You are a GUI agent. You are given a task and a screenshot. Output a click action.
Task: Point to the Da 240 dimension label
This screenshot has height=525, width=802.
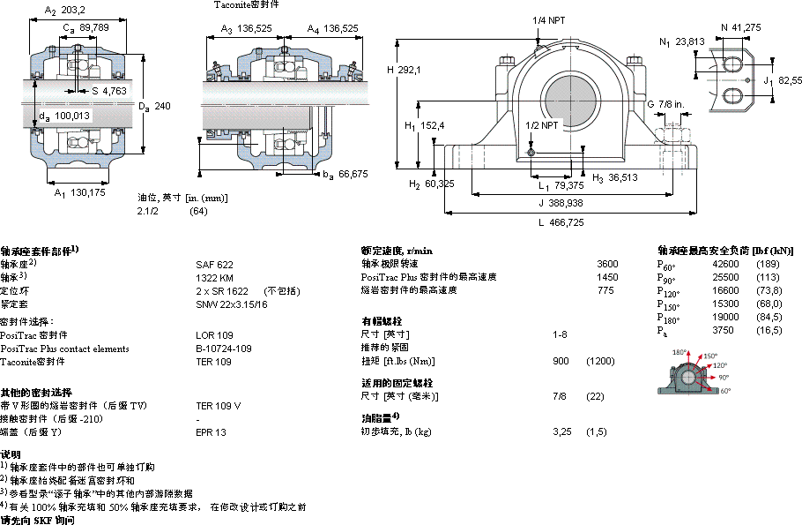point(153,106)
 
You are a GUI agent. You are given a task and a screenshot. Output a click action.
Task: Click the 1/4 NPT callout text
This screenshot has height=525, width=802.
point(549,20)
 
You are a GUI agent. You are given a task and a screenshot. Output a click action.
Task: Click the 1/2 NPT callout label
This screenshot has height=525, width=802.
point(541,125)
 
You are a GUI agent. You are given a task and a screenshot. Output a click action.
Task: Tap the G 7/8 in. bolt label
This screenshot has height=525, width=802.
point(666,105)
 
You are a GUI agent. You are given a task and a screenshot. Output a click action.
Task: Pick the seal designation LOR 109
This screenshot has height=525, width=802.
point(214,335)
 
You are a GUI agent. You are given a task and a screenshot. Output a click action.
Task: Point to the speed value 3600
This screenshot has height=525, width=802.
point(607,264)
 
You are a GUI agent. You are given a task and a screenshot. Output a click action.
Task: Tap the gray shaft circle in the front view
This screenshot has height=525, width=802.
point(564,95)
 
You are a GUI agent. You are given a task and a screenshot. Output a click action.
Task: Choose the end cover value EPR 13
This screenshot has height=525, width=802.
point(212,432)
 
